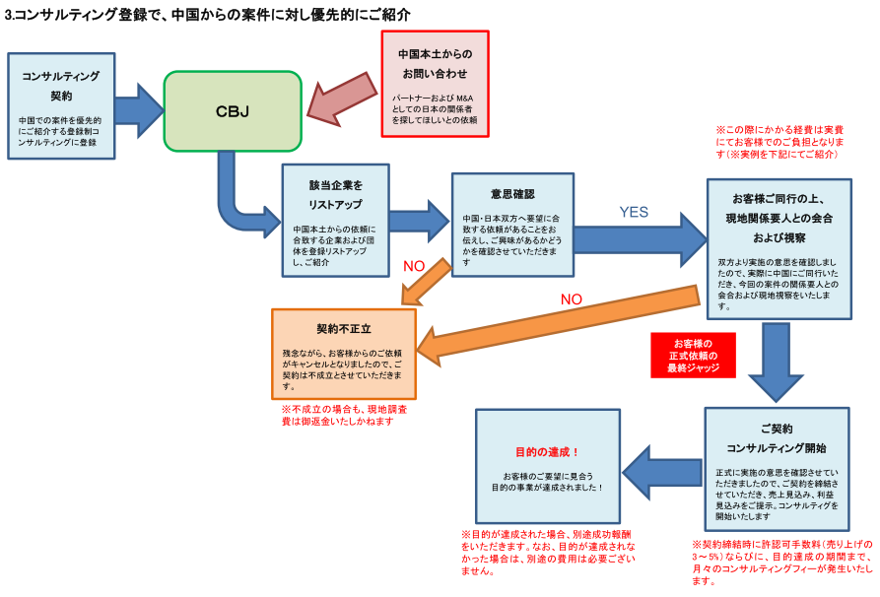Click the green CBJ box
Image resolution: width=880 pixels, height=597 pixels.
tap(233, 110)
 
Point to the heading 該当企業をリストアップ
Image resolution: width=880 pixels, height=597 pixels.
tap(335, 195)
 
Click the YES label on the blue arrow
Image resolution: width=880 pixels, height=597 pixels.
tap(634, 212)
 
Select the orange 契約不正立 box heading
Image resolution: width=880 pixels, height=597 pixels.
tap(342, 328)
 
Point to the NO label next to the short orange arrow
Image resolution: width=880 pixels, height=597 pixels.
tap(414, 266)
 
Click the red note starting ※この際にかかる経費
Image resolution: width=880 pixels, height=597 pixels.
tap(778, 142)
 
